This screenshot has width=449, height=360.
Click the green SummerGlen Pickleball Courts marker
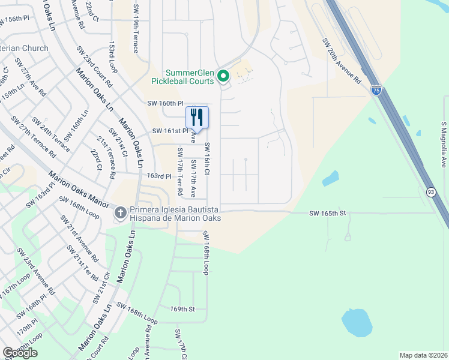coord(223,76)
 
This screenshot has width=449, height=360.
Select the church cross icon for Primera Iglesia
coord(120,212)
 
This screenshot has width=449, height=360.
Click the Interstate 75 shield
coord(376,91)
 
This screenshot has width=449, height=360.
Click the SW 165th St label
coord(328,213)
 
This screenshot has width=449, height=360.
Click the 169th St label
coord(183,309)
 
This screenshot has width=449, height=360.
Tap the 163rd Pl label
coord(160,176)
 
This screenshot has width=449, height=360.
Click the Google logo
coord(20,352)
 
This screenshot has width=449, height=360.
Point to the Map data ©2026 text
coord(423,355)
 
